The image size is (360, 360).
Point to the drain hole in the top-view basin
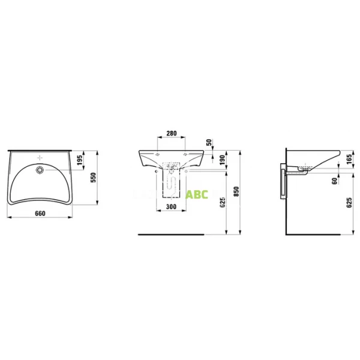(x=41, y=170)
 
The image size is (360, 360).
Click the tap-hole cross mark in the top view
(x=41, y=158)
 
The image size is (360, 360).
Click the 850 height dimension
(x=236, y=190)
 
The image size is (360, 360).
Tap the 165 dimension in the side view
(x=349, y=159)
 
